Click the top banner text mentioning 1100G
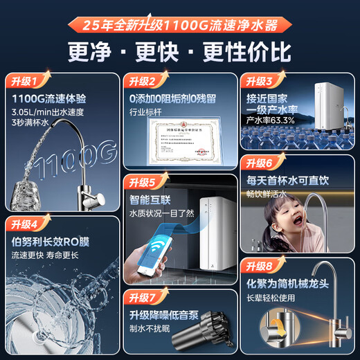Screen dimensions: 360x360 pyautogui.click(x=179, y=26)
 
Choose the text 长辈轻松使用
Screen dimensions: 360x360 pyautogui.click(x=276, y=299)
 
